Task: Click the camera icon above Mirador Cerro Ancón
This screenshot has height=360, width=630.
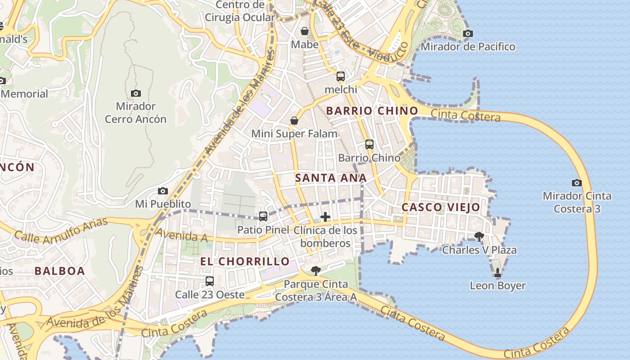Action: pos(136,94)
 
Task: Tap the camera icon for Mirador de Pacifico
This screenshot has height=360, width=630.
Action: pos(468,33)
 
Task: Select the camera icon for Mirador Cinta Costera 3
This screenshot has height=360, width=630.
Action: pos(576,183)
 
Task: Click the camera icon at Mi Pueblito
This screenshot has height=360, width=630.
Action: pos(163,191)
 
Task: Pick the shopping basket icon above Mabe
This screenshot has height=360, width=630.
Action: pos(305,31)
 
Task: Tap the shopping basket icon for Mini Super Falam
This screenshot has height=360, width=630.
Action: pos(294,121)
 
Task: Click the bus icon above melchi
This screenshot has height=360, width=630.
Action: pos(341,76)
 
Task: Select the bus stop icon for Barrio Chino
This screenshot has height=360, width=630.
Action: pos(369,144)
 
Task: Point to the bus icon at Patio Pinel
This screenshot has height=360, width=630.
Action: pos(263,216)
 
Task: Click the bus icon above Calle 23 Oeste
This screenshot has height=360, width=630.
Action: pos(210,281)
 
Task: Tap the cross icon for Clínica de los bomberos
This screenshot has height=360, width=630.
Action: pos(325,217)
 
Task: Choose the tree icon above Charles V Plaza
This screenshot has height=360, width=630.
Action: pos(479,236)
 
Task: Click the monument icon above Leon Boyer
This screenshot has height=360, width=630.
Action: pos(498,272)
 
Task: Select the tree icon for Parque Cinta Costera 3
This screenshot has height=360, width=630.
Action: pos(316,270)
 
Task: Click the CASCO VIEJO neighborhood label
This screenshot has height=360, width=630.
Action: pos(441,207)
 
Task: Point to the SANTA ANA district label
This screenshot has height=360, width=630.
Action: pos(331,178)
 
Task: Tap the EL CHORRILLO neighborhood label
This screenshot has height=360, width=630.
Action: pos(245,261)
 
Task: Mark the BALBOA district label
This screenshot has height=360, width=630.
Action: pos(60,271)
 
